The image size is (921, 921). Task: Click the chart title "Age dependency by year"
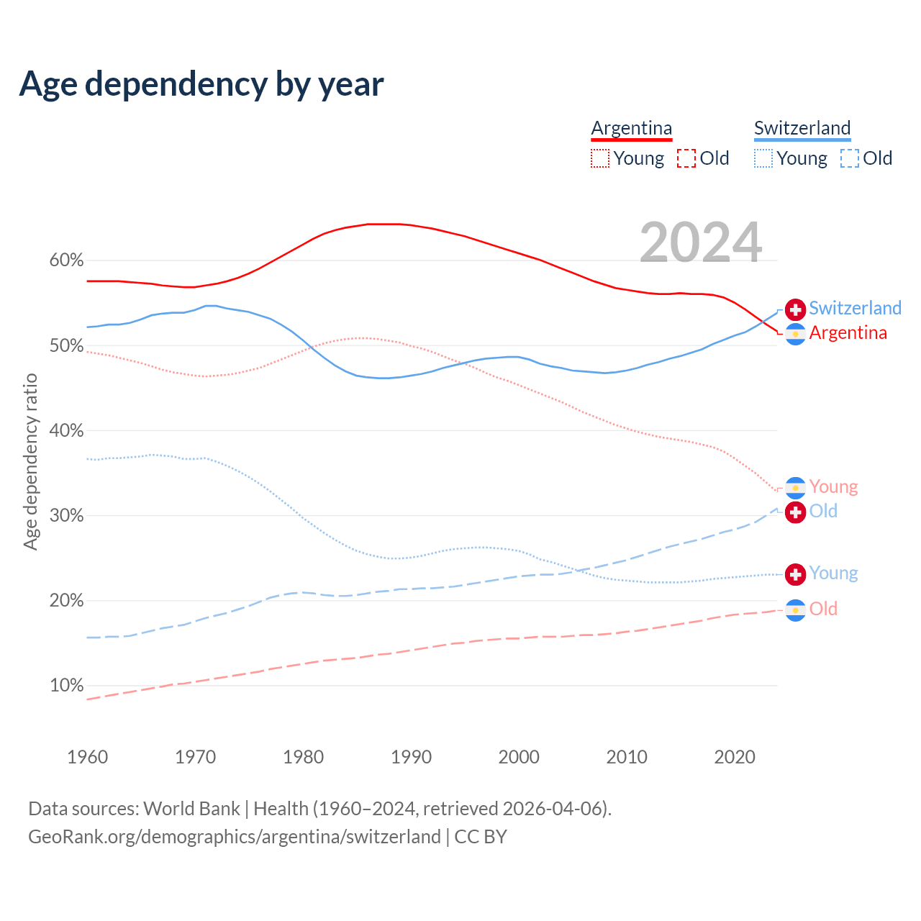pos(201,83)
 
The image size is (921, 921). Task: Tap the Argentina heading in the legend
pos(631,128)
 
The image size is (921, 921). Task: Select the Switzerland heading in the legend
pos(802,128)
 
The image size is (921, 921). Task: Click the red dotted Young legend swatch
pos(600,158)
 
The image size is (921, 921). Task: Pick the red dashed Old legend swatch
pos(686,158)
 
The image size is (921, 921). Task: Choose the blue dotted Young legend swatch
pos(763,158)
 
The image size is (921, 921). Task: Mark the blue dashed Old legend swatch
pos(850,158)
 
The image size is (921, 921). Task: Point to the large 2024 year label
pos(700,242)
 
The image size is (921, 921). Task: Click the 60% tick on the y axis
pos(66,260)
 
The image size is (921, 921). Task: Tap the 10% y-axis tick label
pos(66,686)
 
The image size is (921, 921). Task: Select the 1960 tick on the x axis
pos(87,757)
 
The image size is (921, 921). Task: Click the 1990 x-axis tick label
pos(411,757)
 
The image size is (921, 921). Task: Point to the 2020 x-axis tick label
pos(735,757)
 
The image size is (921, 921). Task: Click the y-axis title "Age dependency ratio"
pos(30,461)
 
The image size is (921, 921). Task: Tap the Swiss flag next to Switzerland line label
pos(795,309)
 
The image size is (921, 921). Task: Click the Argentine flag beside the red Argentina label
pos(795,334)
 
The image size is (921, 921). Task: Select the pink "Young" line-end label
pos(833,487)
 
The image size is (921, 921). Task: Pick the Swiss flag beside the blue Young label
pos(795,573)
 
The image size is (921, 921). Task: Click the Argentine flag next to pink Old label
pos(795,610)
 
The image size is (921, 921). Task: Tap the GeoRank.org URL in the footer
pos(235,837)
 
